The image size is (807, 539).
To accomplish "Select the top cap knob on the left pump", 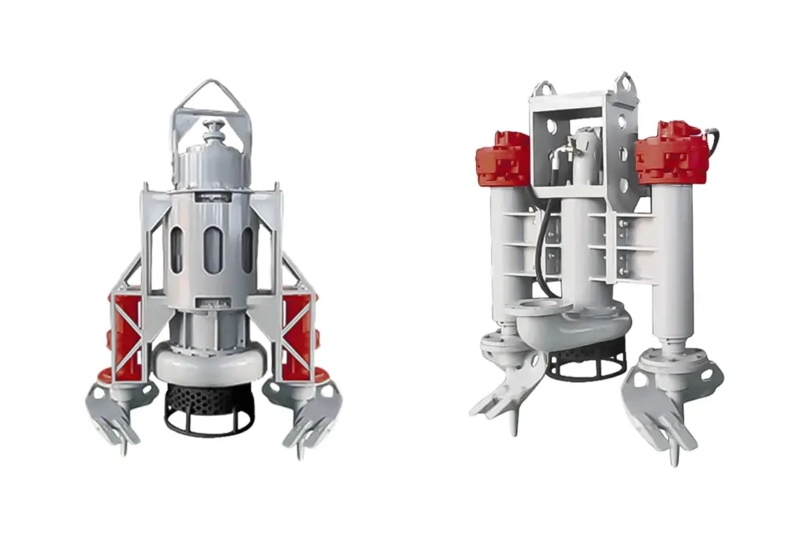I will pyautogui.click(x=212, y=127).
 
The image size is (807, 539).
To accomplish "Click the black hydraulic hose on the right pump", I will pyautogui.click(x=541, y=252).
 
